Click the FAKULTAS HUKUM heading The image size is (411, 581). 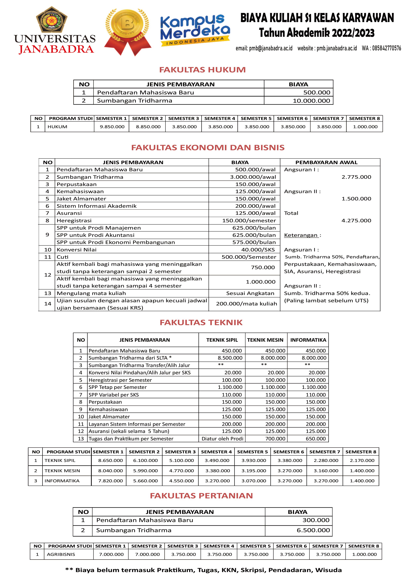(x=202, y=70)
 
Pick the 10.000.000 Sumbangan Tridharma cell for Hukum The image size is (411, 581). (x=311, y=101)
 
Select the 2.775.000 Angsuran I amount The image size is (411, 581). (x=356, y=177)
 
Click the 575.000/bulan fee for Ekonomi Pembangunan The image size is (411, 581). (x=254, y=242)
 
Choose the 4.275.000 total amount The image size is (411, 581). (x=356, y=220)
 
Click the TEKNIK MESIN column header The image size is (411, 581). (x=265, y=340)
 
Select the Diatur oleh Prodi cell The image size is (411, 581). (x=222, y=439)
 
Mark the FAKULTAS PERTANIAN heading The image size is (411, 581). (x=201, y=496)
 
